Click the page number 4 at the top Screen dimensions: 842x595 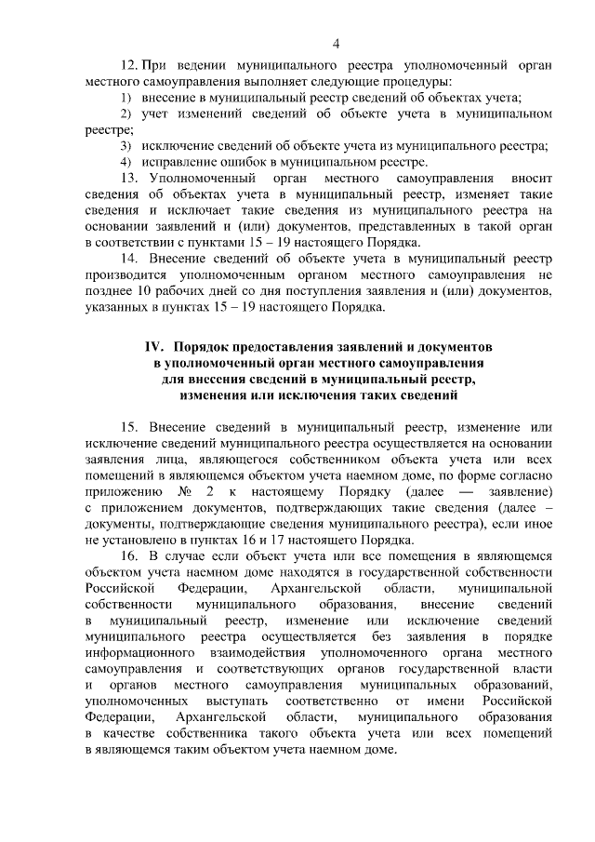tap(336, 43)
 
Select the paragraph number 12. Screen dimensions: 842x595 tap(130, 66)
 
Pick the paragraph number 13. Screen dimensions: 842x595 tap(130, 177)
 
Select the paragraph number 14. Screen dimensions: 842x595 tap(130, 261)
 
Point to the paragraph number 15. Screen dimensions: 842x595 tap(130, 425)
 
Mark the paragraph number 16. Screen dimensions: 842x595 tap(130, 555)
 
